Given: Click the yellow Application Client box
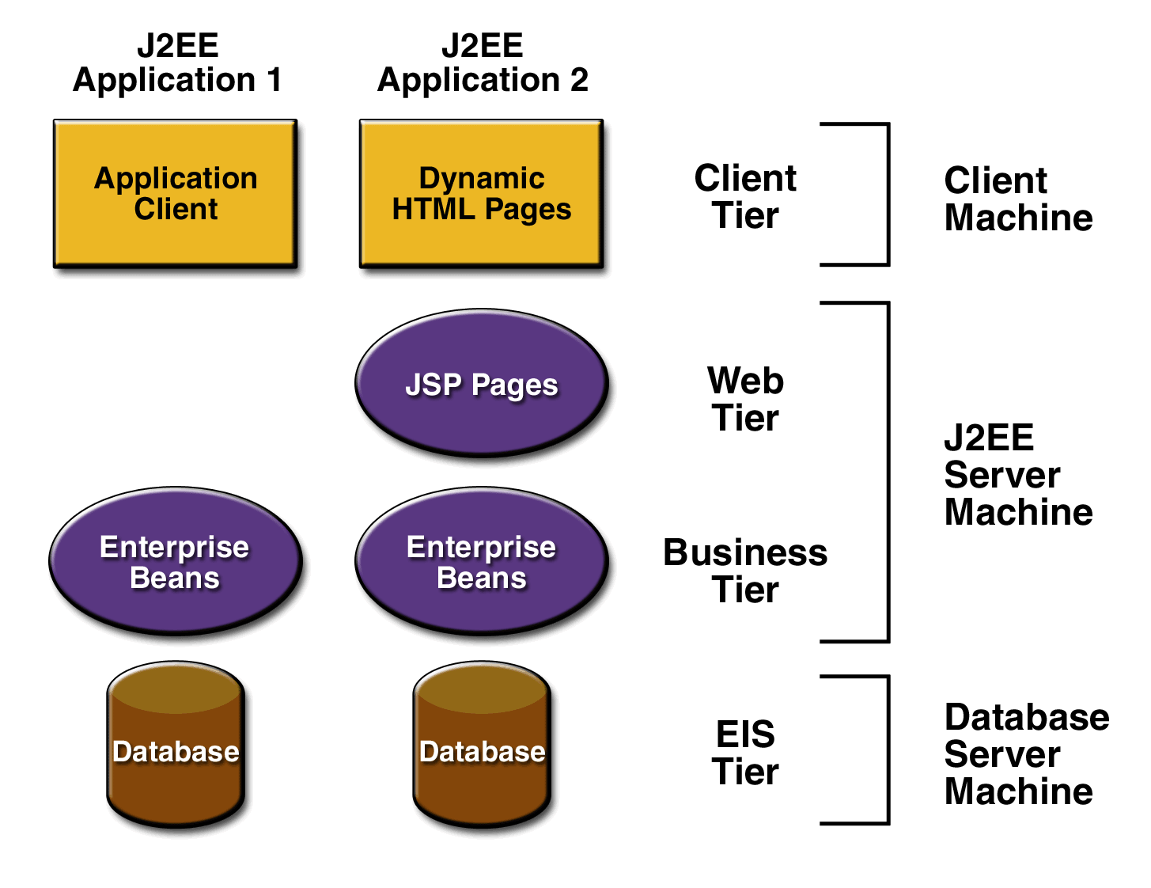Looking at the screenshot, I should click(x=175, y=193).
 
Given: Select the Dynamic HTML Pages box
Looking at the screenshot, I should click(x=481, y=193).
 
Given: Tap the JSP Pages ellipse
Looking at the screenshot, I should click(x=481, y=383).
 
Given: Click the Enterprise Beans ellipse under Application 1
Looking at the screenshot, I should click(x=175, y=561).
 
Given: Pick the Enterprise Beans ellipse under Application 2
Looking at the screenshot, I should click(x=481, y=561).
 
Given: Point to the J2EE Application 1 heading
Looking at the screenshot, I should click(x=177, y=63).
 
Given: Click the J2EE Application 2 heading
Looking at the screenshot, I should click(x=482, y=63).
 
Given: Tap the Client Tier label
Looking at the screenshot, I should click(x=745, y=196).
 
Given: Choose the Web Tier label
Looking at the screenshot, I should click(x=745, y=399).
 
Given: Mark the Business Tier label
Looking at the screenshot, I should click(x=745, y=571).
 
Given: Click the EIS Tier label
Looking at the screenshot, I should click(x=745, y=752).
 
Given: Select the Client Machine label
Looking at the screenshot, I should click(x=1018, y=199).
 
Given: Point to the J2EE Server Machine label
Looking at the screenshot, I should click(x=1018, y=474).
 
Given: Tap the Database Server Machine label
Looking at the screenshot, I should click(x=1026, y=753).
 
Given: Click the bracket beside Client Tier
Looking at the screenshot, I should click(x=888, y=194).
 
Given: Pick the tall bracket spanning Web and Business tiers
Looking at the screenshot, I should click(x=888, y=472).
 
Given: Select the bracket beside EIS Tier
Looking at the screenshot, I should click(x=888, y=749).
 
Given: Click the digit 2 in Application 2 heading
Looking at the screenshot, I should click(x=579, y=80).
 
